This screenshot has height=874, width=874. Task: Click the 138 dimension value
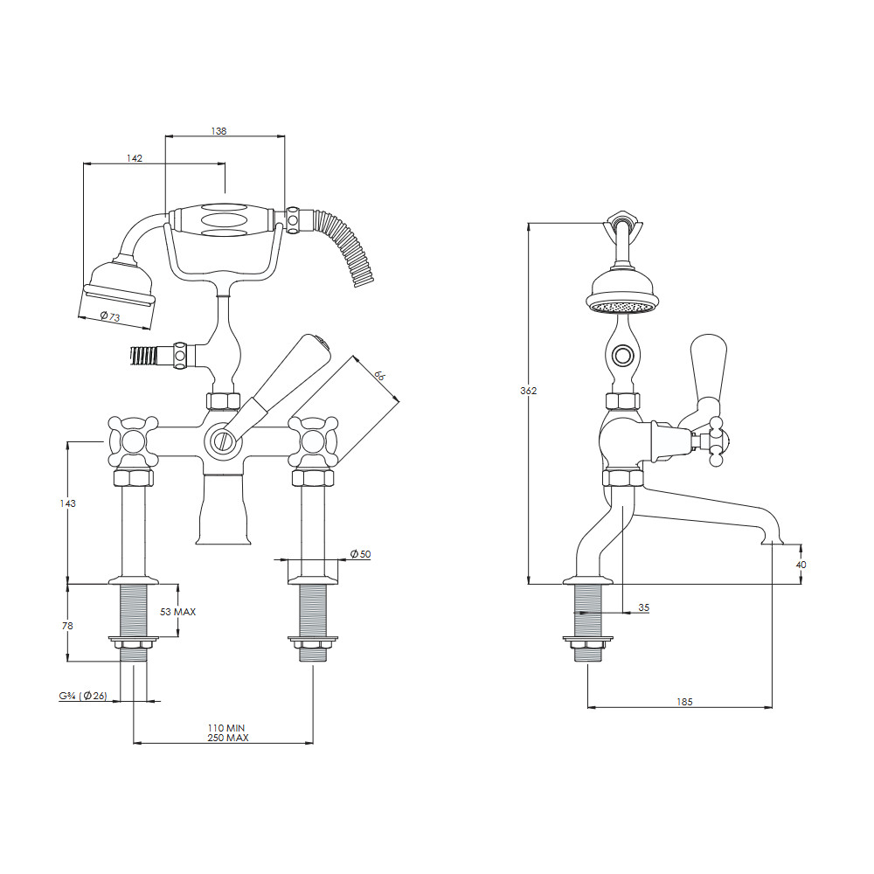click(x=218, y=131)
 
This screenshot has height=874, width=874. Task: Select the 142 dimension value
click(x=135, y=158)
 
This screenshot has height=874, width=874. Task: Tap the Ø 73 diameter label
click(x=110, y=316)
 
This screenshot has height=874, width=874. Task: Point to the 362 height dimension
click(x=529, y=391)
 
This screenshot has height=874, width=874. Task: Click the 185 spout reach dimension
click(x=684, y=702)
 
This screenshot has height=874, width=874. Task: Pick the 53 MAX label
click(x=177, y=612)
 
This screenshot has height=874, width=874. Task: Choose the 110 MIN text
click(x=226, y=727)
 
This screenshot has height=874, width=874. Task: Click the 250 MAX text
click(x=227, y=738)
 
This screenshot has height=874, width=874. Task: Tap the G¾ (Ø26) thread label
click(x=83, y=696)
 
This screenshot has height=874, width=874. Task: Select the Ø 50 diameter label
click(x=360, y=554)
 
